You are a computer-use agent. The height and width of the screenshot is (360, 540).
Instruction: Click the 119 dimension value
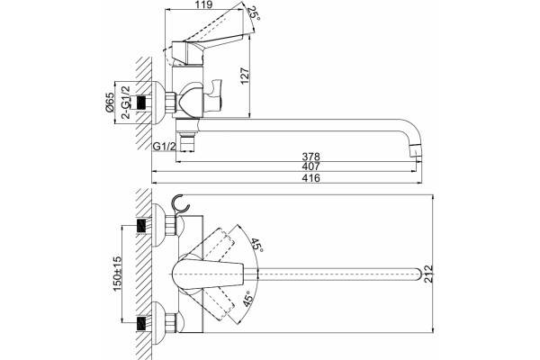[x=205, y=4]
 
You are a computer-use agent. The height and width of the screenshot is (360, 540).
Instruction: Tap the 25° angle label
[x=255, y=13]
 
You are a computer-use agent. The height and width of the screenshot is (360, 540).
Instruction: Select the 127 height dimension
[x=244, y=76]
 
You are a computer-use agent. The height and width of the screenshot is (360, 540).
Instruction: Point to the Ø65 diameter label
[x=109, y=103]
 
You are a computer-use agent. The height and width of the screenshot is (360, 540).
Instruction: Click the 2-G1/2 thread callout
[x=127, y=102]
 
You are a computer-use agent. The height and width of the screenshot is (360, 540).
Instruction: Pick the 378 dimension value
[x=311, y=157]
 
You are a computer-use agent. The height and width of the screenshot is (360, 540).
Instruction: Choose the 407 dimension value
[x=311, y=166]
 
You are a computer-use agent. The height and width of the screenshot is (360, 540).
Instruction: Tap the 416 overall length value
[x=311, y=178]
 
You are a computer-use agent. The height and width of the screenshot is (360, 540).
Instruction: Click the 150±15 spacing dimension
[x=117, y=274]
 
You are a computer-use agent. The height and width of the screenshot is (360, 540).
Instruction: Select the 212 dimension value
[x=427, y=274]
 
